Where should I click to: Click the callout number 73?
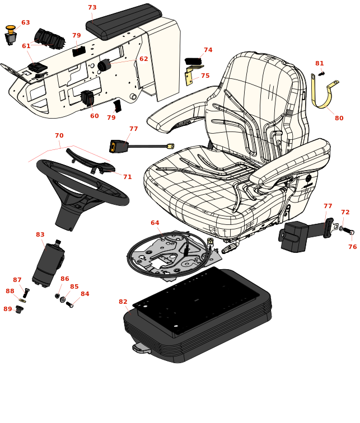coord(92,8)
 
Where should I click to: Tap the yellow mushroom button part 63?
coord(11,28)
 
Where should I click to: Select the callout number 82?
coord(123,302)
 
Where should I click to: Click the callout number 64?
coord(155,223)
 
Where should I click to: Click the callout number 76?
coord(352,247)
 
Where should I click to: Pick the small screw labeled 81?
coord(321,74)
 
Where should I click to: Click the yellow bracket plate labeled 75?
coord(189,77)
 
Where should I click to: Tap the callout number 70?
coord(59,135)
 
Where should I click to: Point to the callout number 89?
coord(7,309)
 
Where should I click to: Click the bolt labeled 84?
coord(69,304)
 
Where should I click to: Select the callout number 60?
coord(95,116)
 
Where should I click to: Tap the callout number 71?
coord(128,177)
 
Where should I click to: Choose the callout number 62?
coord(144,59)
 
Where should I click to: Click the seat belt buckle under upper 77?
coord(118,147)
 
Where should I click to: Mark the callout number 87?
coord(17,280)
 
